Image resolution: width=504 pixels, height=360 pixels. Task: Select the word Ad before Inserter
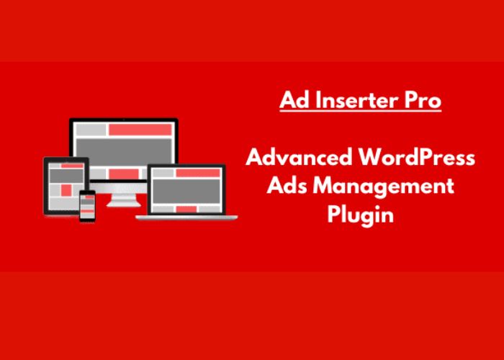click(x=294, y=101)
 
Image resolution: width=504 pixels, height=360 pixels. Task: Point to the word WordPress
click(x=417, y=158)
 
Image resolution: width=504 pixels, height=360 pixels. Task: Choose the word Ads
click(x=287, y=186)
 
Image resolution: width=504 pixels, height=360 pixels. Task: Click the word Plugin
click(x=360, y=215)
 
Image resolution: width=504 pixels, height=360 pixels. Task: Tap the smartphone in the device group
click(x=87, y=206)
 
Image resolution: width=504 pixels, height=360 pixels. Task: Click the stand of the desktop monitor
click(x=123, y=200)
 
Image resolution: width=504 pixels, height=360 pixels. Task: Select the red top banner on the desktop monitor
click(x=140, y=130)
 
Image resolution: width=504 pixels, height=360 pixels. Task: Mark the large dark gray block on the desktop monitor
click(x=124, y=151)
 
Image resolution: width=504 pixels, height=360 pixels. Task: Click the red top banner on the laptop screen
click(x=198, y=173)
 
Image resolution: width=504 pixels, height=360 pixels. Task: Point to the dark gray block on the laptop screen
click(x=186, y=192)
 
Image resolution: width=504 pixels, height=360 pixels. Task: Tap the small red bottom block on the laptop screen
click(x=186, y=209)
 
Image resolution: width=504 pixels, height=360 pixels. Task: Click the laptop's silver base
click(x=186, y=217)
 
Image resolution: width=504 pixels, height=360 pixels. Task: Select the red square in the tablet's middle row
click(x=66, y=190)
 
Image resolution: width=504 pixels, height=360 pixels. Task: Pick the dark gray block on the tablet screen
click(x=66, y=176)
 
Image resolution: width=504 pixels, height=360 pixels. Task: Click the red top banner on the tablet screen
click(x=72, y=166)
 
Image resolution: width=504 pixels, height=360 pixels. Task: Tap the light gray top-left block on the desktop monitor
click(x=91, y=130)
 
